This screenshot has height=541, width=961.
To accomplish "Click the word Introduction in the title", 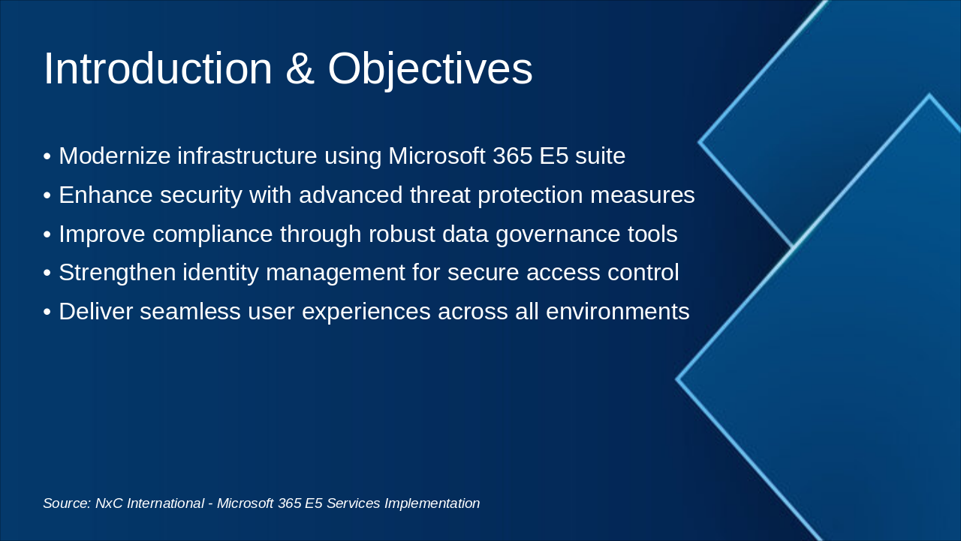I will [158, 69].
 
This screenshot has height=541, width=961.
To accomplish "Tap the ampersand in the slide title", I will [300, 69].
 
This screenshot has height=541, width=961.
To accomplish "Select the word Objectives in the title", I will [430, 69].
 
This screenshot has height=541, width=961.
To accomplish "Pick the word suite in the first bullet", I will [600, 156].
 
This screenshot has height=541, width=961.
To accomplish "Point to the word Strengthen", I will [113, 273].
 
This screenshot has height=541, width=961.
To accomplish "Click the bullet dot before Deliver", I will [47, 312].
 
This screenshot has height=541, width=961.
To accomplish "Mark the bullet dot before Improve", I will [47, 234].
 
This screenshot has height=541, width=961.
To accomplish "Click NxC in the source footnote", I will [109, 503].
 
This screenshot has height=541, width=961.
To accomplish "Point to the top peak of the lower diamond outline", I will [929, 95].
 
